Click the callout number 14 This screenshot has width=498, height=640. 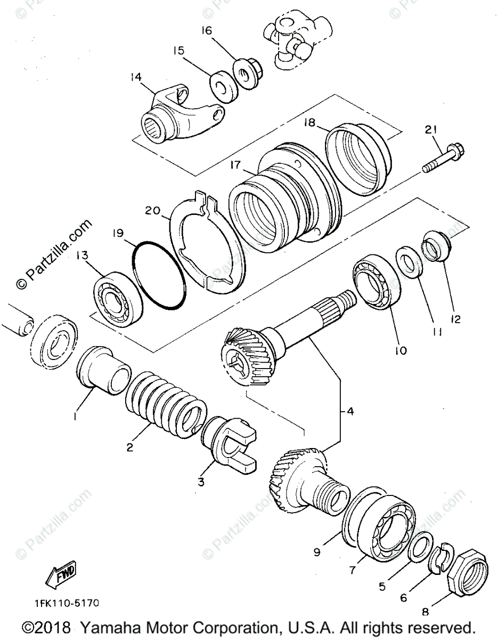coord(136,78)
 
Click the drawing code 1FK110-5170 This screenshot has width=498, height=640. coord(63,603)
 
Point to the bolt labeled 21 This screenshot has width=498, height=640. coord(444,157)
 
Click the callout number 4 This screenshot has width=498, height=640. coord(350,411)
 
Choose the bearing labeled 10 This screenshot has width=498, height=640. coord(377,283)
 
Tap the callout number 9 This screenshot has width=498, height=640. coord(317,553)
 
